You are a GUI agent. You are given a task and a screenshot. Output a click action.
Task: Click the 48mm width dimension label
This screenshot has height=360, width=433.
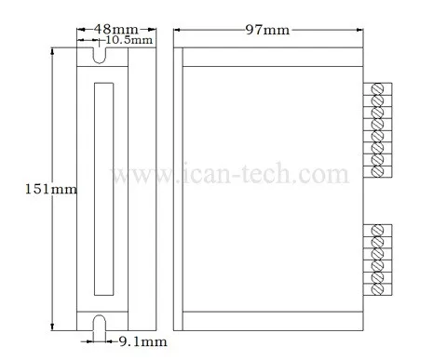[116, 29]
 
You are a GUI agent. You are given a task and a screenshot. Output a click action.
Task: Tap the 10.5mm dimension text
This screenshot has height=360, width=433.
[129, 40]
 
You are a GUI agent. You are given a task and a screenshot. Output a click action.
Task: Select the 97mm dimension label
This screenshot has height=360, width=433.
[267, 30]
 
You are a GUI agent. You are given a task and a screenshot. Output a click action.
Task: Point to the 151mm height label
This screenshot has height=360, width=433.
[50, 189]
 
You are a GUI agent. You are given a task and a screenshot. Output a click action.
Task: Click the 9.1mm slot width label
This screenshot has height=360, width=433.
[143, 341]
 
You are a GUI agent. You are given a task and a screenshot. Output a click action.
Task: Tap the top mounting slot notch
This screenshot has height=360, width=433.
[100, 56]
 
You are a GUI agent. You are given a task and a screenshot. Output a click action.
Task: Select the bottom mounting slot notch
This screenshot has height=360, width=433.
[100, 323]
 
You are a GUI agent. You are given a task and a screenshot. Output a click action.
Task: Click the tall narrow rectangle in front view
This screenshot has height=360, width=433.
[103, 189]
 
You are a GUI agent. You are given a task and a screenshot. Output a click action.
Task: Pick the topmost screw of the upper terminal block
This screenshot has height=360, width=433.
[377, 88]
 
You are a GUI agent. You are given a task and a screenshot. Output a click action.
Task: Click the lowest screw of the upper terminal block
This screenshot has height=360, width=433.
[377, 171]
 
